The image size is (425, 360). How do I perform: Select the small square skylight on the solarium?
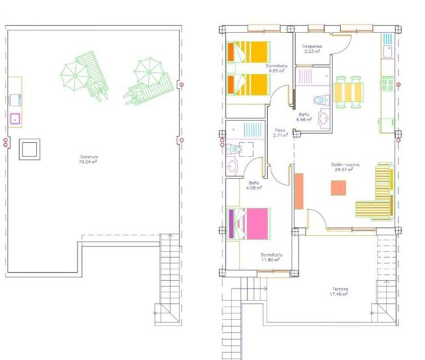[29, 148]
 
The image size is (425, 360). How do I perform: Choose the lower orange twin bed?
[248, 84]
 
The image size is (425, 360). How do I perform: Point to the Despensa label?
[312, 47]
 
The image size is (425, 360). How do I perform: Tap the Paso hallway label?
[279, 130]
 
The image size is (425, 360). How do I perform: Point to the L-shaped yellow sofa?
[378, 196]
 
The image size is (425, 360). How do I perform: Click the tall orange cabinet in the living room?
[299, 190]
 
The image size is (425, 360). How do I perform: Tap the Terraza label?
[340, 289]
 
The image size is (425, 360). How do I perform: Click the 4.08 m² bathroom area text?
[254, 187]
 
